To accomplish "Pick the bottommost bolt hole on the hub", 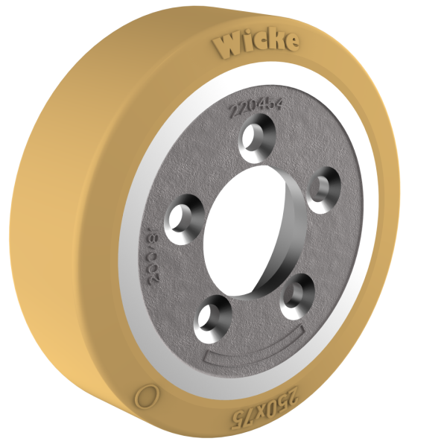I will (x=211, y=312).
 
